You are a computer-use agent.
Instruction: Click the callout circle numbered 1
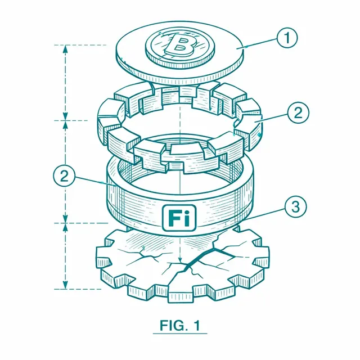click(287, 38)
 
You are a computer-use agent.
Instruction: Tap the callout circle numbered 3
click(295, 206)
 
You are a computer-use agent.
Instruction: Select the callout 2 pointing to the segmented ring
click(298, 112)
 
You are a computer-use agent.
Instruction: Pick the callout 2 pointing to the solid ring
click(64, 176)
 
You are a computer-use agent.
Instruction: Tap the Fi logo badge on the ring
click(179, 218)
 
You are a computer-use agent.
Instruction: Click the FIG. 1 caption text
click(180, 325)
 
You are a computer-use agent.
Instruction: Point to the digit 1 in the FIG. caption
click(197, 325)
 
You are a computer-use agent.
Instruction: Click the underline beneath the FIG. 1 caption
click(180, 334)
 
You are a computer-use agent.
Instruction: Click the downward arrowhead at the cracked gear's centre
click(180, 260)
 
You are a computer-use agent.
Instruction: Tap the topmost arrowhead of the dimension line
click(65, 49)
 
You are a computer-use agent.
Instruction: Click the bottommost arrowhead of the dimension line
click(65, 285)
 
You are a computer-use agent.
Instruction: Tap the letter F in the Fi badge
click(173, 218)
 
